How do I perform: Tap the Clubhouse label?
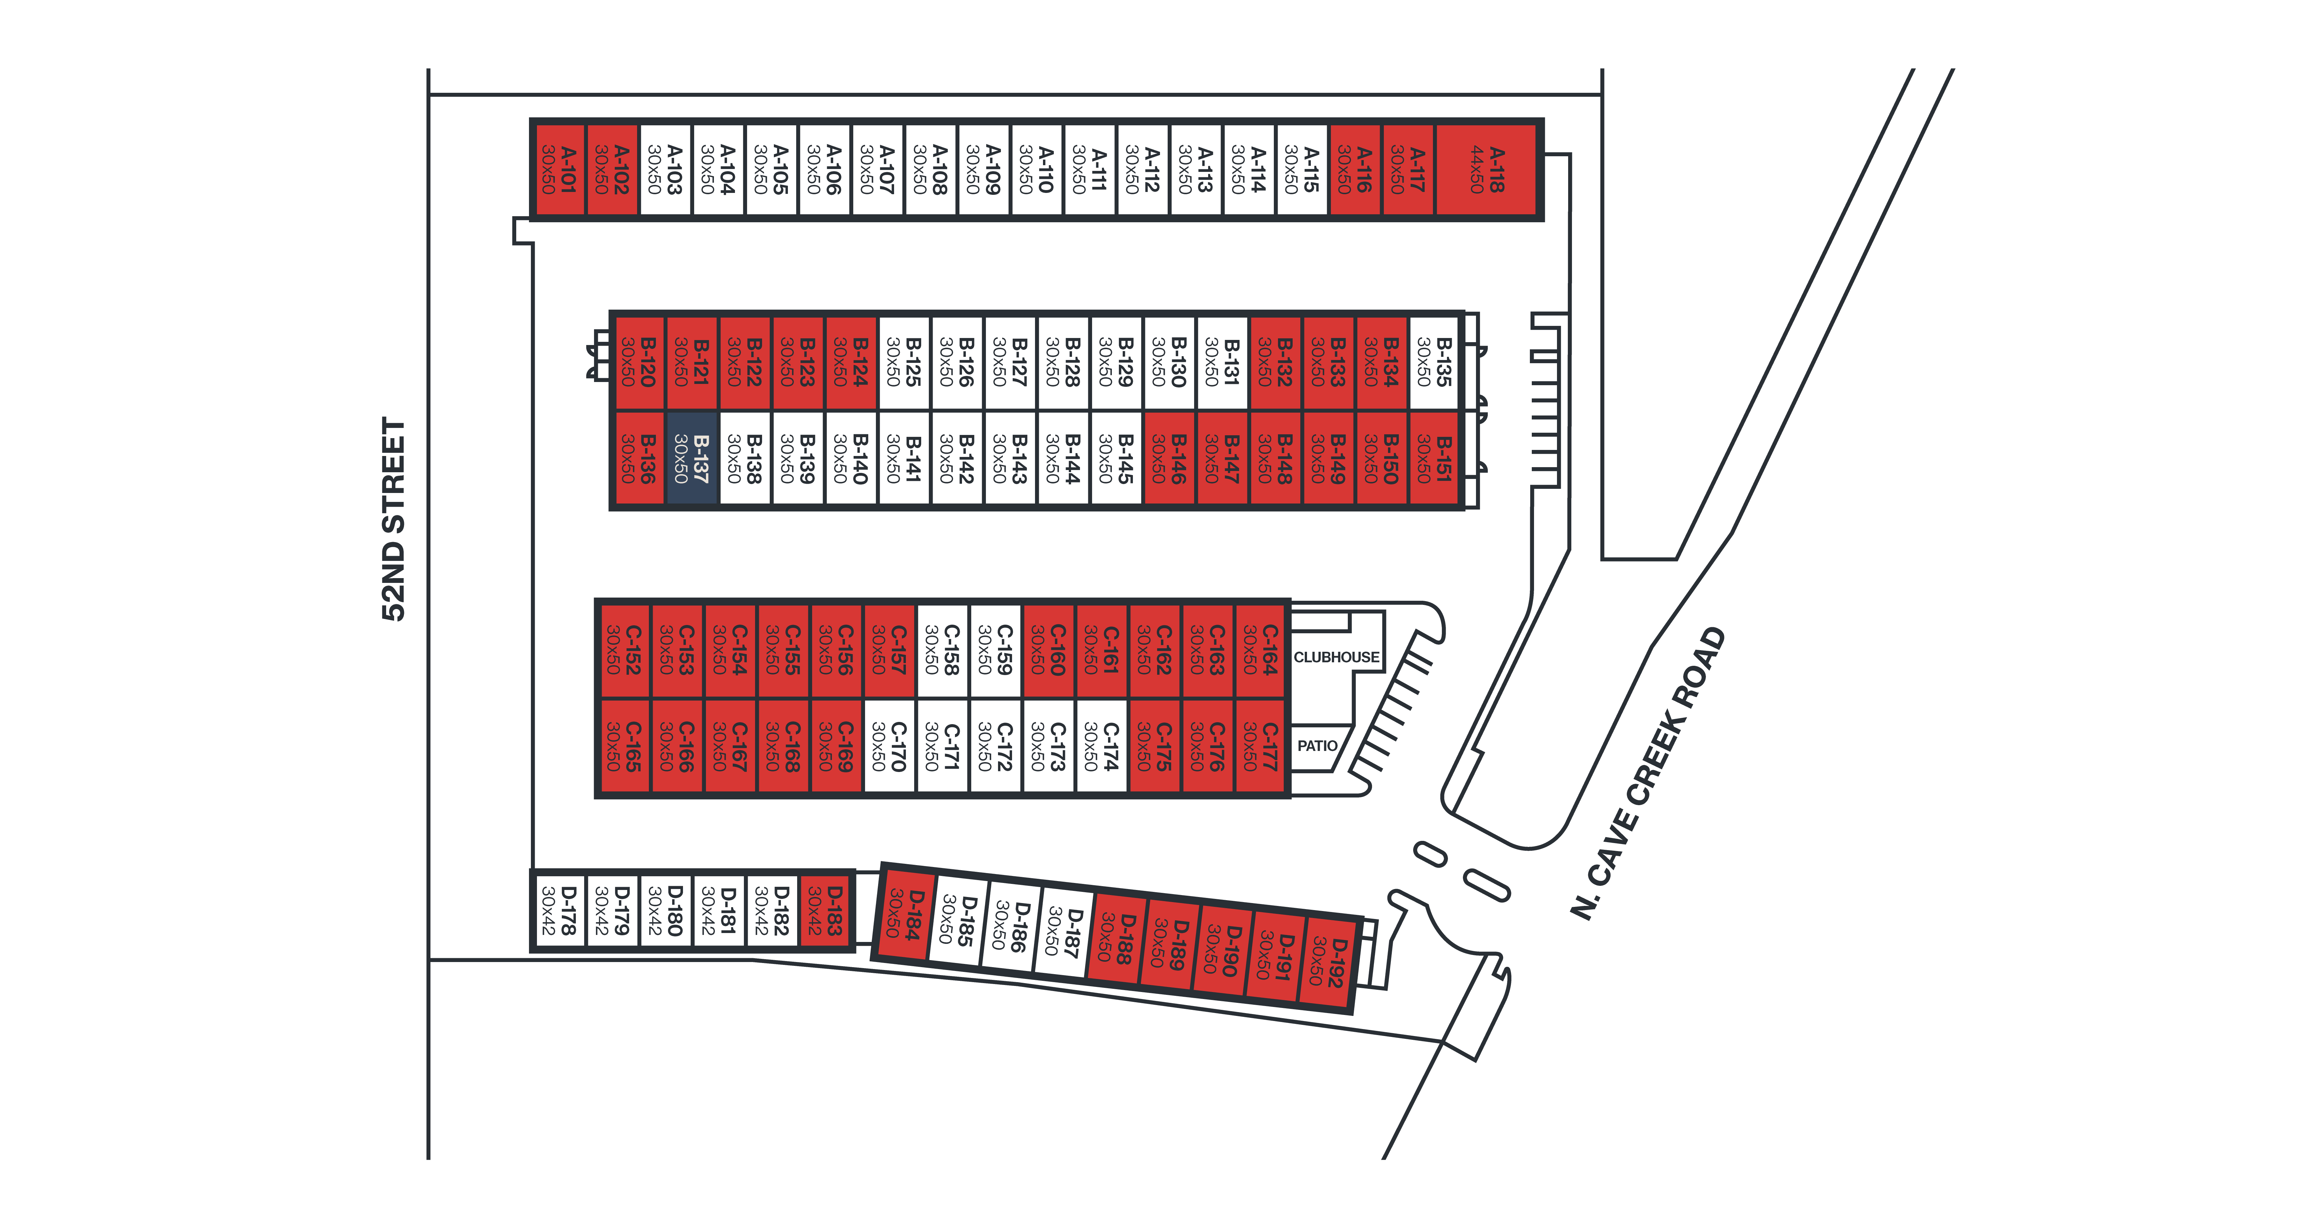point(1336,657)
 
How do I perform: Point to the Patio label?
point(1317,746)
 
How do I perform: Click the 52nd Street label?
point(393,519)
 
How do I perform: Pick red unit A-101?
point(558,170)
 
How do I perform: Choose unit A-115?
point(1301,170)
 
